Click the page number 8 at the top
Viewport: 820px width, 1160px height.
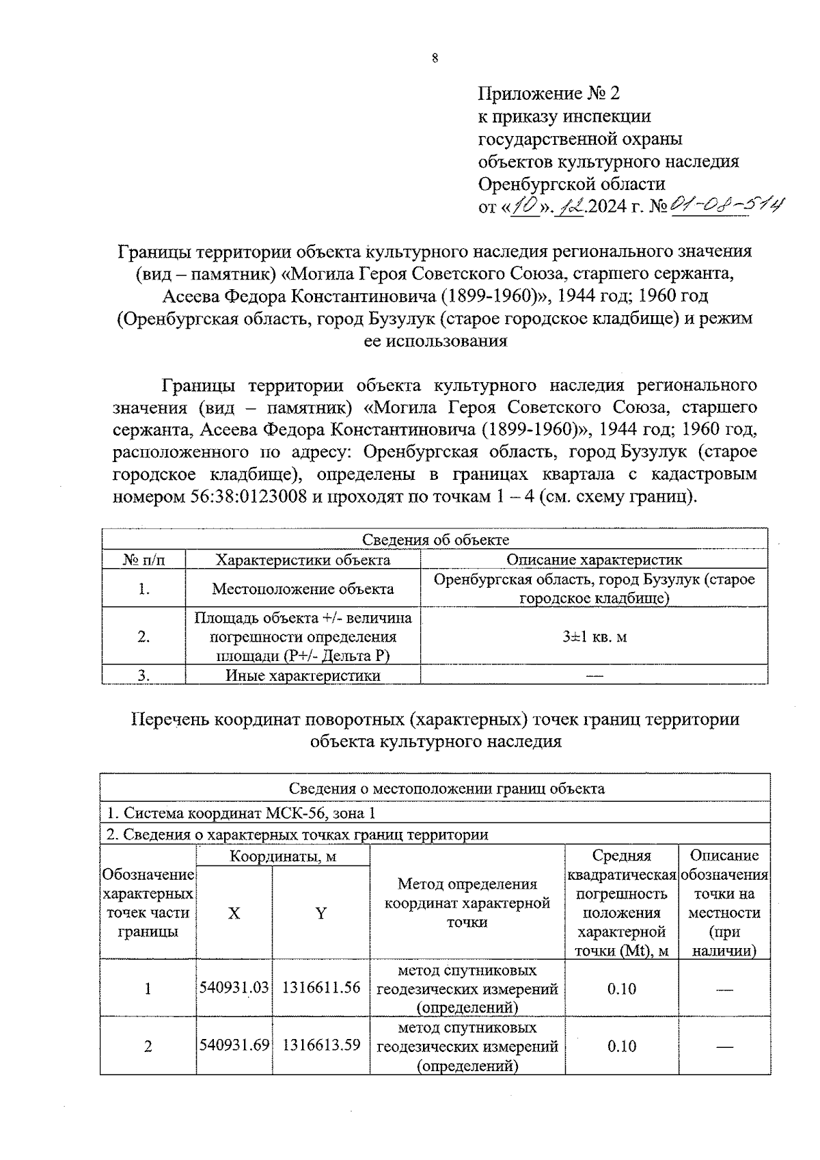[435, 58]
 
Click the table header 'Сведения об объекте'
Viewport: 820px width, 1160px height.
[435, 539]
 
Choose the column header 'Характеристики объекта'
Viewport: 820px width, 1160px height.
[303, 560]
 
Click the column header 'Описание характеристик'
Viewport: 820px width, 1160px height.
[593, 560]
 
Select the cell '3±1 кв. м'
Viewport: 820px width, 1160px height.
[594, 636]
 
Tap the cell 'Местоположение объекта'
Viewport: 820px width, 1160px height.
[303, 589]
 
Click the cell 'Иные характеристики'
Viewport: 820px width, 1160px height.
[303, 675]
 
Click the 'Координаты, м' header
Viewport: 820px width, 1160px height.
[283, 856]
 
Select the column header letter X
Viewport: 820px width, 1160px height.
[234, 913]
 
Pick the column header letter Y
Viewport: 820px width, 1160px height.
[320, 913]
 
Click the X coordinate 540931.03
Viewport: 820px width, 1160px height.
[234, 988]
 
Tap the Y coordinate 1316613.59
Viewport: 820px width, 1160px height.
[320, 1045]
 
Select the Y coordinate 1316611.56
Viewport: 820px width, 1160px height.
[320, 988]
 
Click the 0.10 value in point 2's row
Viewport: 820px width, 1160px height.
[621, 1046]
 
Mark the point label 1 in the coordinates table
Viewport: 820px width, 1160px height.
[148, 988]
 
